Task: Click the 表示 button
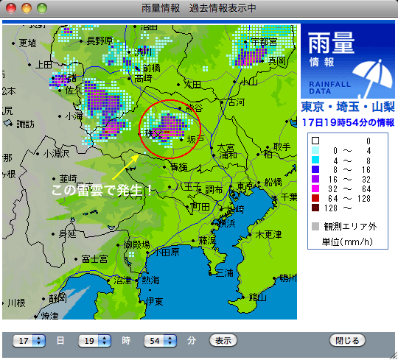pos(223,341)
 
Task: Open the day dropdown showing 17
pos(29,341)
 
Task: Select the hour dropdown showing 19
pos(96,341)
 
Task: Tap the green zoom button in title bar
pos(41,8)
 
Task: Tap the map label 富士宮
pos(95,258)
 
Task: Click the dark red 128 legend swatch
pos(315,208)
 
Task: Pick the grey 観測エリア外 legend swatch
pos(315,227)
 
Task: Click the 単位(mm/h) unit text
pos(346,241)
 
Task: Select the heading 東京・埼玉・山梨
pos(346,107)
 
